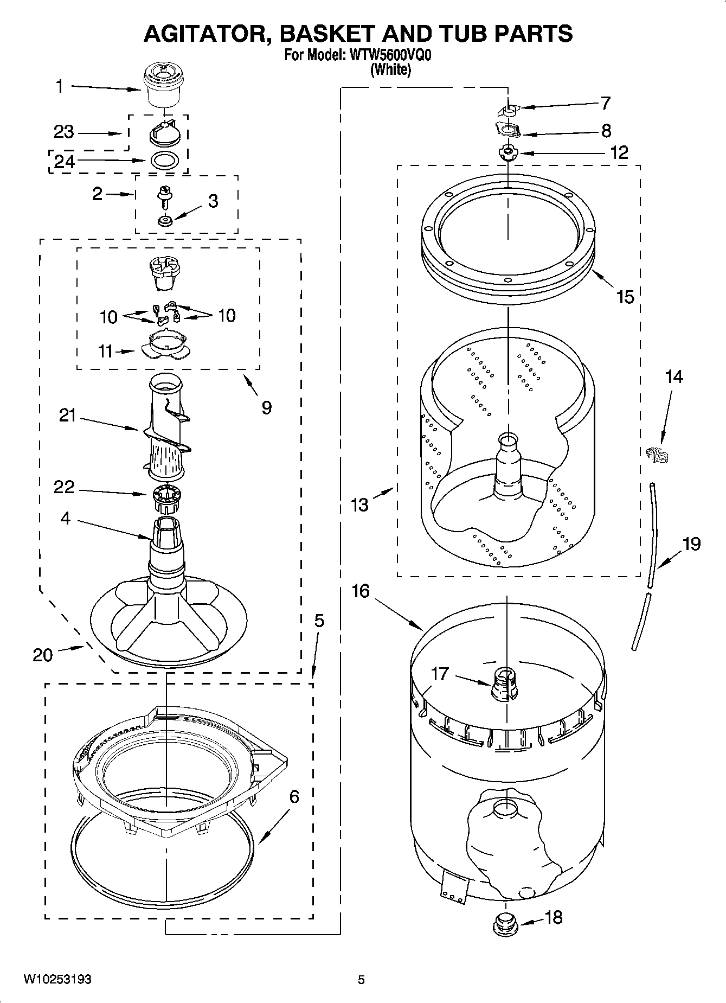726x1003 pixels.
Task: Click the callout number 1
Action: (x=60, y=86)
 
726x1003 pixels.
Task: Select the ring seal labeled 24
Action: (x=164, y=161)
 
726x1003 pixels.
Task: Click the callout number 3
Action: (x=213, y=201)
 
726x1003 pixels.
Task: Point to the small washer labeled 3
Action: (x=165, y=220)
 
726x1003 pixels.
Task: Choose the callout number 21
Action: (x=67, y=417)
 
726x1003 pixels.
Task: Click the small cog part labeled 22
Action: (x=166, y=498)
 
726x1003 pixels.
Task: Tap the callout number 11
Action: (x=105, y=352)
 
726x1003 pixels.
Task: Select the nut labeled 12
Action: (x=508, y=153)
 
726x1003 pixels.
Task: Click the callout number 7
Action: (x=606, y=103)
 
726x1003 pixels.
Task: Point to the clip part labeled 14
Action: (x=657, y=453)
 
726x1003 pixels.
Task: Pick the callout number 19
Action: (x=691, y=544)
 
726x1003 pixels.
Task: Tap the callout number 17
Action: (x=439, y=674)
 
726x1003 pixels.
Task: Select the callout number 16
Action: (x=361, y=591)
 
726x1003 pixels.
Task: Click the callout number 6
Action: (x=294, y=797)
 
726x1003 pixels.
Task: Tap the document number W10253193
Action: (x=57, y=979)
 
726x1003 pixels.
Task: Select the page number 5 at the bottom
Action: (x=362, y=979)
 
